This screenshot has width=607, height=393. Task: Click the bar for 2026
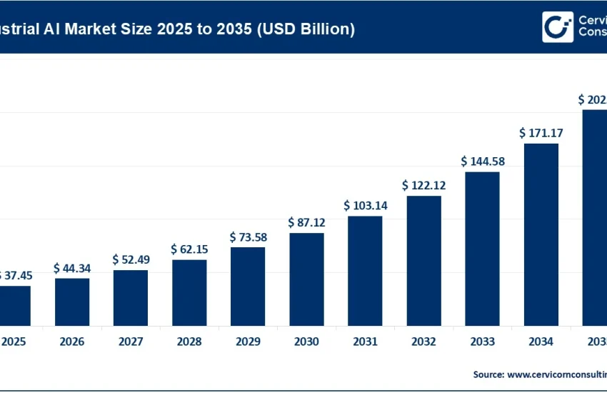[x=72, y=302]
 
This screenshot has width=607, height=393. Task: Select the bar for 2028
[x=189, y=292]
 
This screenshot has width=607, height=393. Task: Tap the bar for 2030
[x=306, y=279]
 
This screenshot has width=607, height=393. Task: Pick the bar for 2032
[x=423, y=260]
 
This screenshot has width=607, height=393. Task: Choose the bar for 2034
[x=541, y=234]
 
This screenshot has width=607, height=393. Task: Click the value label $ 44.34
[x=72, y=268]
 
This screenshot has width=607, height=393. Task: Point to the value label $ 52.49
[x=131, y=259]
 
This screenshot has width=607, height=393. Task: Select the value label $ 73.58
[x=248, y=237]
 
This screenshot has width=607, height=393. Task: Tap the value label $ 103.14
[x=365, y=205]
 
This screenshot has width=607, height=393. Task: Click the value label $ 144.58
[x=483, y=161]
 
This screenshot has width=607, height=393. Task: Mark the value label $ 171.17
[x=541, y=132]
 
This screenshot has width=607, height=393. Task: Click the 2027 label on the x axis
[x=131, y=342]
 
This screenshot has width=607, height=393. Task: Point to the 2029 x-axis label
[x=248, y=342]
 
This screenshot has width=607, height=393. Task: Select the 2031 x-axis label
[x=365, y=342]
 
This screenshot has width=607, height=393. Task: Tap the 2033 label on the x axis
[x=483, y=342]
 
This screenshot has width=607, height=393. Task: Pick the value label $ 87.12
[x=306, y=222]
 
